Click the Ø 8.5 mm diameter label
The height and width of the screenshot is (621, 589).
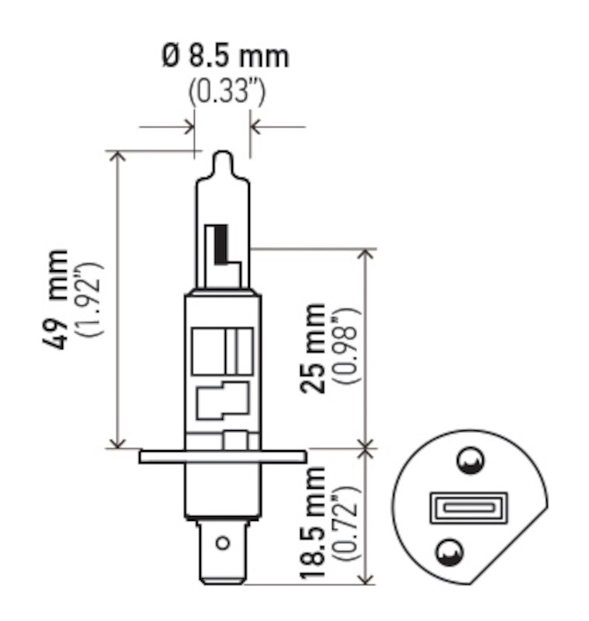225,57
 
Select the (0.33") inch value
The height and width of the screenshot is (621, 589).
227,92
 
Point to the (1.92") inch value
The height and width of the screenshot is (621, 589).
91,299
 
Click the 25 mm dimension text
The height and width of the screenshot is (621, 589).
316,348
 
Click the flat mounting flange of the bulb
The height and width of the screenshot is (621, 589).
222,456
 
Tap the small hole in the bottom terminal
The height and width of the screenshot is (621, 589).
222,543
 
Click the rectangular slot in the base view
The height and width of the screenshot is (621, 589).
468,508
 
